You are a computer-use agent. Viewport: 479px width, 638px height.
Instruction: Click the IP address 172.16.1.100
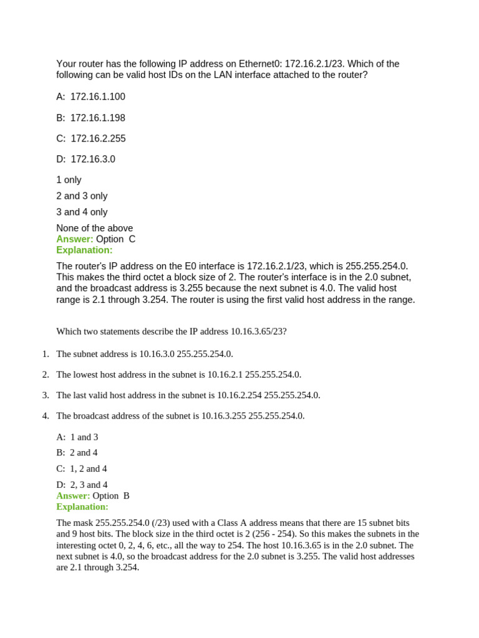coord(97,97)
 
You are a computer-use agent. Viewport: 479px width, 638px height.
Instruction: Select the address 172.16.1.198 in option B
coord(97,118)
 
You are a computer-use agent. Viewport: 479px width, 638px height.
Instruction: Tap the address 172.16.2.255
coord(98,138)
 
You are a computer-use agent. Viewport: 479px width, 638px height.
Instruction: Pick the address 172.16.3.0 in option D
coord(93,159)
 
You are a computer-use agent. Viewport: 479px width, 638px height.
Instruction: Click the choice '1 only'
coord(69,179)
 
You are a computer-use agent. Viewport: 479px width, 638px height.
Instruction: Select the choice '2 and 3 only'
coord(82,196)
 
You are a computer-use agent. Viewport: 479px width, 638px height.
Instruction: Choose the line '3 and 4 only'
coord(82,212)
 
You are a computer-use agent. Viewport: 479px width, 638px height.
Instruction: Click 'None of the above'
coord(94,228)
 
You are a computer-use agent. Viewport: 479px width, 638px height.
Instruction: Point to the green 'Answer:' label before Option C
coord(75,239)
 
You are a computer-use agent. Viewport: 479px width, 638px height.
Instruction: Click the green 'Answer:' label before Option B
coord(73,495)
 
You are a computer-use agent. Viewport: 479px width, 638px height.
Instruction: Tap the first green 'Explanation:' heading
coord(84,250)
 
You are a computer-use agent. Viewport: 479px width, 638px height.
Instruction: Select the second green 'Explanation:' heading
coord(82,507)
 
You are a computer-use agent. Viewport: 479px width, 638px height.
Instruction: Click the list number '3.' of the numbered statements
coord(46,395)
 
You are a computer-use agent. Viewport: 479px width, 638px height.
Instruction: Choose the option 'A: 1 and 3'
coord(77,437)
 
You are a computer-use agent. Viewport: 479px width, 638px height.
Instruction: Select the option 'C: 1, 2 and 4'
coord(82,469)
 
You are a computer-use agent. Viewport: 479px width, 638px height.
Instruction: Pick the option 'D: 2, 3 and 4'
coord(82,485)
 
